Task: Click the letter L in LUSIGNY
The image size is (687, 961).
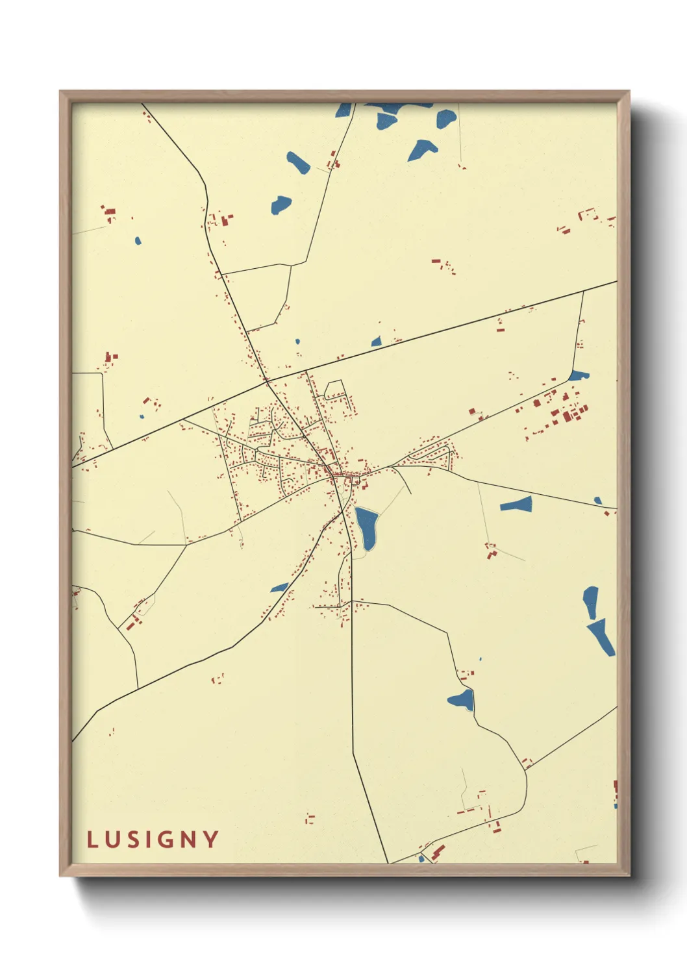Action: [92, 840]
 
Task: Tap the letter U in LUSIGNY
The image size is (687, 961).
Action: [112, 840]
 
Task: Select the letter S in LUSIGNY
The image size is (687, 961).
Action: [132, 840]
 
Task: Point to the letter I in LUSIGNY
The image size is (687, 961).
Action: [149, 840]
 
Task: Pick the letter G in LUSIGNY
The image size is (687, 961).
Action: [166, 840]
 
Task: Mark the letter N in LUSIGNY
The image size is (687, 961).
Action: [188, 840]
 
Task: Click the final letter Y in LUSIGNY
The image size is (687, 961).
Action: [211, 840]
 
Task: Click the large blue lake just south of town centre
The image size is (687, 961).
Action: [367, 527]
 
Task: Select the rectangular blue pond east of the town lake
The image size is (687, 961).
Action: [516, 505]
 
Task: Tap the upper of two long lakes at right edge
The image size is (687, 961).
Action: [590, 601]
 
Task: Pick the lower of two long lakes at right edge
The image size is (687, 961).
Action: [602, 637]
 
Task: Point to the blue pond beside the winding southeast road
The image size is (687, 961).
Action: [462, 700]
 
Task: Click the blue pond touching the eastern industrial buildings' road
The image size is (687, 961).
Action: [578, 375]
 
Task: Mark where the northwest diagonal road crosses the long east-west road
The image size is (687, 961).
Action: [267, 381]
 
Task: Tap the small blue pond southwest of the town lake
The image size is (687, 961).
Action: [280, 588]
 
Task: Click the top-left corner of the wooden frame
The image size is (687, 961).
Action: [60, 92]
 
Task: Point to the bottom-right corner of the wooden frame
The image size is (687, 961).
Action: [629, 875]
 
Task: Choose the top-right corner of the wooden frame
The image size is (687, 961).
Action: [629, 92]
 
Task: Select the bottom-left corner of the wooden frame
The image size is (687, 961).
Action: [60, 875]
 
